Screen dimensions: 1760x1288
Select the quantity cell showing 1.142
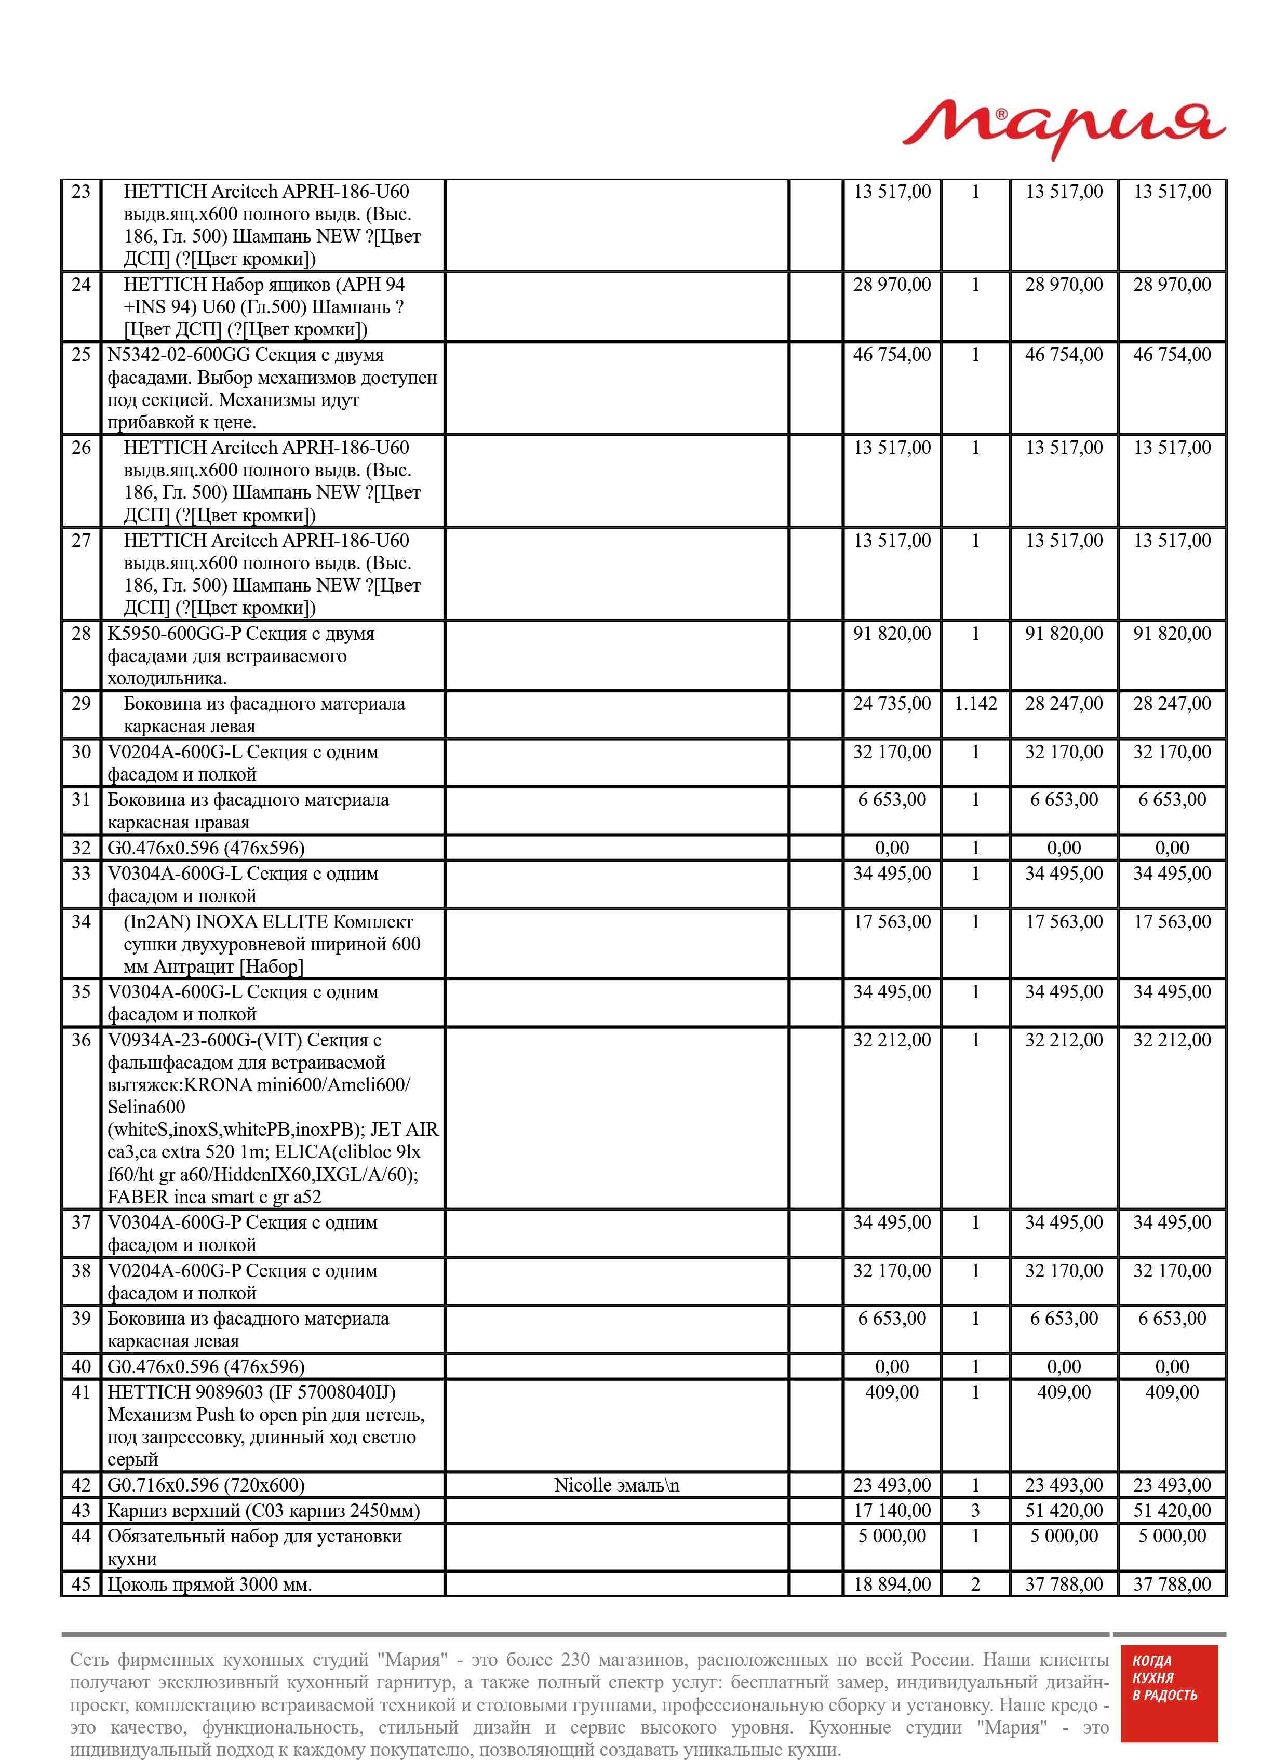(975, 704)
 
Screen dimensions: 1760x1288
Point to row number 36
(81, 1041)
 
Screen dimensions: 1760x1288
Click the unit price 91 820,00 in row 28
(892, 634)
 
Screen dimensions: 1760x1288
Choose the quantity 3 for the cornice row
(975, 1511)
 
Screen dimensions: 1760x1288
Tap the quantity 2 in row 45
(975, 1584)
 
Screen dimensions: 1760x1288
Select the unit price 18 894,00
(892, 1584)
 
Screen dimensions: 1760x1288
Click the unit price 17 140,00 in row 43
(892, 1511)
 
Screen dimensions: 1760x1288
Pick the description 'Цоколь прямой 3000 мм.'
(210, 1584)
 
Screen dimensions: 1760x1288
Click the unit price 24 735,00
(892, 704)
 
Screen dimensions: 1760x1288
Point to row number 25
(81, 355)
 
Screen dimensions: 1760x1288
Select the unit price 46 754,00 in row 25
(892, 355)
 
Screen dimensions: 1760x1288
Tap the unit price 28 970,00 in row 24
(892, 285)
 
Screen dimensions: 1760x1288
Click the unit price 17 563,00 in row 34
(892, 922)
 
